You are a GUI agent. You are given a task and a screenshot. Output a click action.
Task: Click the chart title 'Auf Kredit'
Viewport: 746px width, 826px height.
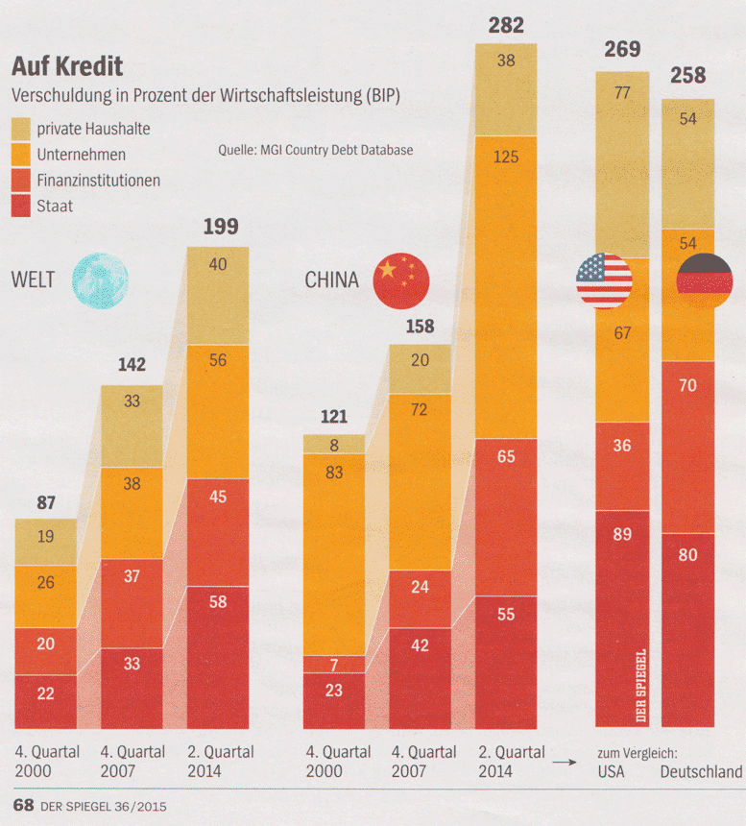66,67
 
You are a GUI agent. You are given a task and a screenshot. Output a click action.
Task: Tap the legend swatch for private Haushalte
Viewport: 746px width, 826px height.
21,128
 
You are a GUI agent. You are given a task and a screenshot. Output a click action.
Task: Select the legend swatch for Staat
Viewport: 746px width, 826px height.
21,206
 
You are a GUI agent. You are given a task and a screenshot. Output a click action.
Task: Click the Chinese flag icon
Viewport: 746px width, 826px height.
400,281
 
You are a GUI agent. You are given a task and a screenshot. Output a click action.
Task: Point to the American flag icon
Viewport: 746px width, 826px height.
604,281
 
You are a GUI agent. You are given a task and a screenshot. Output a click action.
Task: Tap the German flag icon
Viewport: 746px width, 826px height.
704,281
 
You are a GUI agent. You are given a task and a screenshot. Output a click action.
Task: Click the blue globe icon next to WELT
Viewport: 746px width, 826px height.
99,280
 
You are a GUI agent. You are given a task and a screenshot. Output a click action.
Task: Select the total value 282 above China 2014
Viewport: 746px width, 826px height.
506,26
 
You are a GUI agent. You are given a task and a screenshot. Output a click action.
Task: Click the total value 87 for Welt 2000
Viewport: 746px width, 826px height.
45,500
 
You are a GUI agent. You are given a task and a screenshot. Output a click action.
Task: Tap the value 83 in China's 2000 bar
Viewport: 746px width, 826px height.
333,473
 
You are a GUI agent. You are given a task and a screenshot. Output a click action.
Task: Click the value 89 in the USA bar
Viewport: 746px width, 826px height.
622,534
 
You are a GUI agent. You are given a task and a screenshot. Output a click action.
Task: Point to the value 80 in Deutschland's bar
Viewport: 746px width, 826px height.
687,554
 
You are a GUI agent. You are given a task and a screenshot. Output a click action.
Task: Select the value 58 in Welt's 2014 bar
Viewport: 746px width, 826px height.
217,600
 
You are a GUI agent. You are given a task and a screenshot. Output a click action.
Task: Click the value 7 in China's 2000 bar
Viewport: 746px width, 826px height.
333,665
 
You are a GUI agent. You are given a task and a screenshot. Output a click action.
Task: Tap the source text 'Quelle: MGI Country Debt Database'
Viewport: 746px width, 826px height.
316,150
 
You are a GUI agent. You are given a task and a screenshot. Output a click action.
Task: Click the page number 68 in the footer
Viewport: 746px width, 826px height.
22,804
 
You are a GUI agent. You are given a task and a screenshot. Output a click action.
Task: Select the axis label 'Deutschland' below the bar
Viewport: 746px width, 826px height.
701,771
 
